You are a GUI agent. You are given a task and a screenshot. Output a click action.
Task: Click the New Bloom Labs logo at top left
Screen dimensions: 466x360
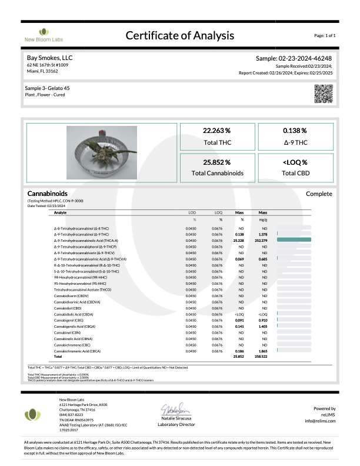41,35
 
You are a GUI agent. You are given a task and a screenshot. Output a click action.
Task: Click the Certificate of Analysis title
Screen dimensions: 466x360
180,36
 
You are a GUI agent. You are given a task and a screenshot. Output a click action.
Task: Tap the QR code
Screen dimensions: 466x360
323,94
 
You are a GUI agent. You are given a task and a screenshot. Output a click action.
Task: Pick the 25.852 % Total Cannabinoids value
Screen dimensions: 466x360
216,162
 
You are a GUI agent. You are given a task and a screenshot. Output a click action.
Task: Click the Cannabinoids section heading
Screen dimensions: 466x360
47,193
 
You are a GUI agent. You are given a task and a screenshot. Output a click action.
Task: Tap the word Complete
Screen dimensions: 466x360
319,193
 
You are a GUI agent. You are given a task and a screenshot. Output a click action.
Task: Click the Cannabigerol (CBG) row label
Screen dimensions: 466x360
69,320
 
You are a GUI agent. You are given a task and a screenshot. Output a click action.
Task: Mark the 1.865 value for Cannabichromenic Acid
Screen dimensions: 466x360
263,351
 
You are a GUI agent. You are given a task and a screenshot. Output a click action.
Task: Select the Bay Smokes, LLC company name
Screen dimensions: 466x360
50,58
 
